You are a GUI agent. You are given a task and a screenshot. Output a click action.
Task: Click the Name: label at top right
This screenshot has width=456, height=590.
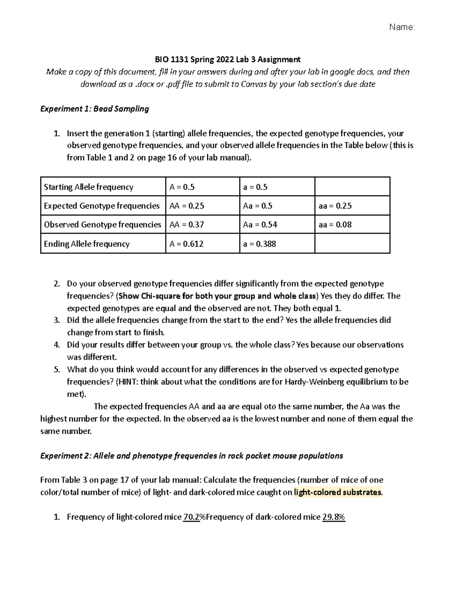(x=402, y=27)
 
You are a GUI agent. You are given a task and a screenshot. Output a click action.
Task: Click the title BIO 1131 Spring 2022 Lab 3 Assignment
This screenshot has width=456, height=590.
(x=227, y=59)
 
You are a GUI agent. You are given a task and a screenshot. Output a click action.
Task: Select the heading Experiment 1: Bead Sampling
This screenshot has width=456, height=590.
(x=95, y=109)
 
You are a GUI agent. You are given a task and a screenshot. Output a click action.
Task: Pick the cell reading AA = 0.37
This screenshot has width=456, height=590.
(x=187, y=225)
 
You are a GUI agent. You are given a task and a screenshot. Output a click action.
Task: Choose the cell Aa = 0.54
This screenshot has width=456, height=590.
(x=260, y=225)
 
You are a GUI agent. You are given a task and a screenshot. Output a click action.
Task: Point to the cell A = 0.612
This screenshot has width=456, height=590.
(x=186, y=244)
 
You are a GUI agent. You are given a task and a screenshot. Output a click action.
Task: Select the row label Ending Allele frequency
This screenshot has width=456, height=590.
(x=87, y=244)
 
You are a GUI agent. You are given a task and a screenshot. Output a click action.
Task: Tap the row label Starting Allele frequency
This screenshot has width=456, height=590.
(x=89, y=187)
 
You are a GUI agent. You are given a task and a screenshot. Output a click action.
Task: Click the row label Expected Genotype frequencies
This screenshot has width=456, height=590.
(x=101, y=206)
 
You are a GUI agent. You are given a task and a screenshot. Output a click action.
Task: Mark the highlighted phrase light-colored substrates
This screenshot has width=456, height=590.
(x=337, y=492)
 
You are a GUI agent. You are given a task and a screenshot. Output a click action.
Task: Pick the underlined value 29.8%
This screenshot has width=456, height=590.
(x=334, y=517)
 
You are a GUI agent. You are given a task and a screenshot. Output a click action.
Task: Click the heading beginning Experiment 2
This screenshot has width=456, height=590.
(x=192, y=456)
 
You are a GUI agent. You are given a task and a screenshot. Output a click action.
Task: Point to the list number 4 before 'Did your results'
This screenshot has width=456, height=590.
(x=57, y=345)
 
